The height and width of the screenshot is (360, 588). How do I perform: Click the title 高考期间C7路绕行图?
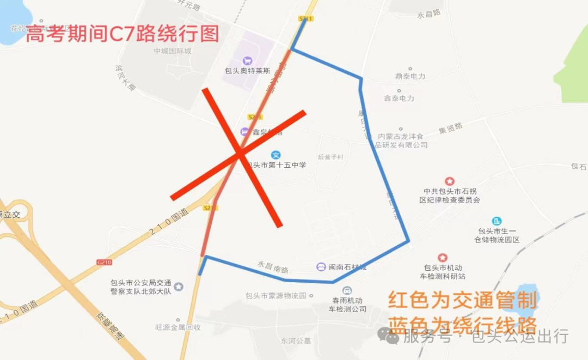point(122,34)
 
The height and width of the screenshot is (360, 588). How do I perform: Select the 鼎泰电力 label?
point(410,77)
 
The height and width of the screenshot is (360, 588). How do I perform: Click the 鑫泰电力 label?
point(399,99)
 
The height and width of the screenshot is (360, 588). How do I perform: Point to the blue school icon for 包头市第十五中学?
point(276,155)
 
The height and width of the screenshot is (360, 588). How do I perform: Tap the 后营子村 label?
point(331,157)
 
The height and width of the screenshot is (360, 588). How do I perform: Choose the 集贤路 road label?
point(450,129)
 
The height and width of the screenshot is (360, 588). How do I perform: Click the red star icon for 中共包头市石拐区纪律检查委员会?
point(450,181)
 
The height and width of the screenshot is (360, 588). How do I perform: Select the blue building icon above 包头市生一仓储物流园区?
point(497,221)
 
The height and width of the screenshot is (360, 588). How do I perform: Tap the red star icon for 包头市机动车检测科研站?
point(443,257)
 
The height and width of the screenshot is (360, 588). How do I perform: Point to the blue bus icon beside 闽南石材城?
point(321,267)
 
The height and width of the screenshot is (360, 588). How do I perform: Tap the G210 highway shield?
point(104,263)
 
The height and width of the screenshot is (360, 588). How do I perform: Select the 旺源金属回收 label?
point(178,327)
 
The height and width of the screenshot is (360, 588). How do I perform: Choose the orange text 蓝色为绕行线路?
point(462,323)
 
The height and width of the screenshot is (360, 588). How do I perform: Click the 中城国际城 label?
point(173,52)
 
